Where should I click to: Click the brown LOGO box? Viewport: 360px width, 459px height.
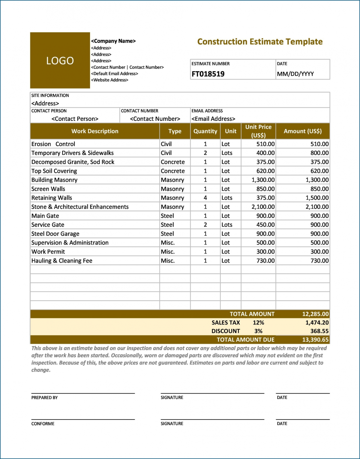pos(60,60)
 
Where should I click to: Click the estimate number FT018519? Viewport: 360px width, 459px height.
pos(208,74)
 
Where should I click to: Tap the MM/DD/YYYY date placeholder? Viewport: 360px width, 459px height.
pos(295,74)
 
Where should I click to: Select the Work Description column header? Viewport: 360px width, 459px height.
pos(95,131)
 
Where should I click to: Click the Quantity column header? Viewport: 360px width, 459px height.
pos(205,131)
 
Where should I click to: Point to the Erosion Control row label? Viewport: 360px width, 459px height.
pos(53,144)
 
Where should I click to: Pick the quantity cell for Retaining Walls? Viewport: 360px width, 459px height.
pos(205,198)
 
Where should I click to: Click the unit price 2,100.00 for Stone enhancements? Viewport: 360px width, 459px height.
pos(263,207)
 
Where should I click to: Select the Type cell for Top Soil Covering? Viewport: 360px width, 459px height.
pos(173,171)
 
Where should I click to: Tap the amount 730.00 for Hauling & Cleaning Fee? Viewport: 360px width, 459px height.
pos(319,261)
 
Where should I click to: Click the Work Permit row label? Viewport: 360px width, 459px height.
pos(48,252)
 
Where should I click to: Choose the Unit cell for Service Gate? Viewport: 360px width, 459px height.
pos(227,225)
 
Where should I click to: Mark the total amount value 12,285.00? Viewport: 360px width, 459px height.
pos(315,314)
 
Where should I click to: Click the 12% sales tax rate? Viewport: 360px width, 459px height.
pos(258,323)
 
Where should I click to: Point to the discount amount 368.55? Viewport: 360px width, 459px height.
pos(319,331)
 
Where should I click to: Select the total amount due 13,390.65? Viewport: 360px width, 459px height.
pos(315,340)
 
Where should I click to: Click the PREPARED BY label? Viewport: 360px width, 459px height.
pos(45,398)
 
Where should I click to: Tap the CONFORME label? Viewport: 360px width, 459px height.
pos(43,424)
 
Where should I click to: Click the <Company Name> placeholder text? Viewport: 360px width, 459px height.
pos(113,41)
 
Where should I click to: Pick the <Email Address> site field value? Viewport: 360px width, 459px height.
pos(213,119)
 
